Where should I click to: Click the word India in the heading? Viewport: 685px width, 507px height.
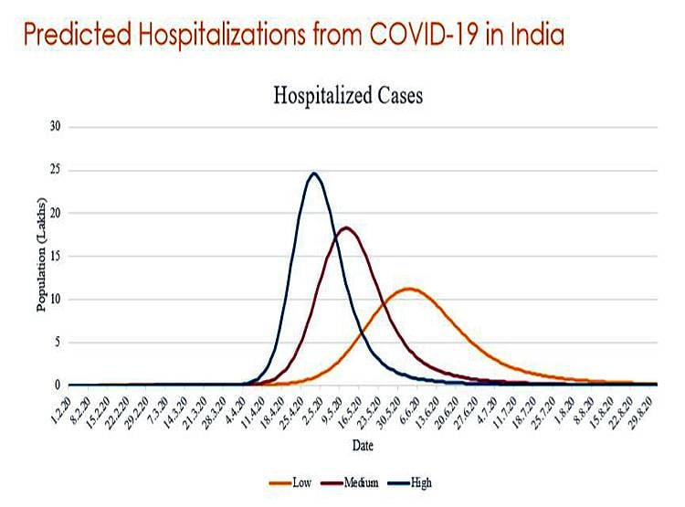click(532, 37)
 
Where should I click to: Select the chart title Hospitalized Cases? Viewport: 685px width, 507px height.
click(348, 96)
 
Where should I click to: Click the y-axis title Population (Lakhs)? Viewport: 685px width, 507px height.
click(42, 258)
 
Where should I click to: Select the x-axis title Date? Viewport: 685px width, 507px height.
click(363, 445)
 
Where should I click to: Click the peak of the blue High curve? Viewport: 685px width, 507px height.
click(314, 173)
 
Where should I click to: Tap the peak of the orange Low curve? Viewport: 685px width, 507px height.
click(410, 289)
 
